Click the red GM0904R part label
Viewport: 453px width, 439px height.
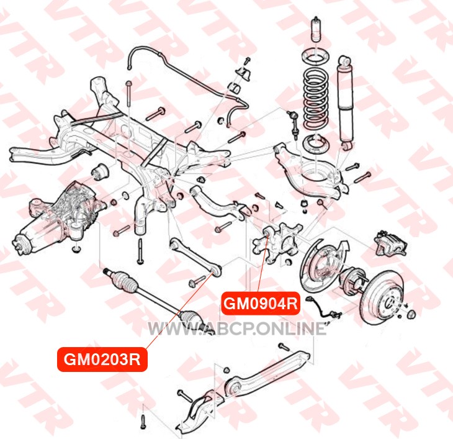pos(260,304)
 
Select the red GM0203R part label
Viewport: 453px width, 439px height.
pos(102,360)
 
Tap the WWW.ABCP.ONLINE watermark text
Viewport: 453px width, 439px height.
pos(237,328)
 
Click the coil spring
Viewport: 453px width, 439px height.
pos(316,98)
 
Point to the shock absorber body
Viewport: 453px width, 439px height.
pos(346,102)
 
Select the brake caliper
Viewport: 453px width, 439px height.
pos(390,243)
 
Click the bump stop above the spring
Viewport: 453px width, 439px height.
pos(316,30)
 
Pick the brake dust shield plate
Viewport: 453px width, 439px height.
pos(323,265)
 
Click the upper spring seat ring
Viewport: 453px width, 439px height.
pos(316,57)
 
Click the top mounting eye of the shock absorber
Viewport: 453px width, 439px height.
pos(346,61)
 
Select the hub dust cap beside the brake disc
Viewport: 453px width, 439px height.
pos(411,314)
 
